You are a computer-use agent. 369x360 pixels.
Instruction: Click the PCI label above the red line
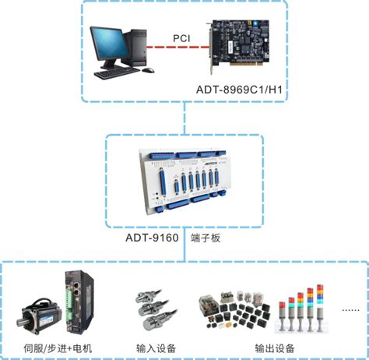coord(181,38)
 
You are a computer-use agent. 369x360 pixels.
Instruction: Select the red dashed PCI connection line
coord(177,48)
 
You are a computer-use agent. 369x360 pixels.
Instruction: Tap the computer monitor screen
coord(110,44)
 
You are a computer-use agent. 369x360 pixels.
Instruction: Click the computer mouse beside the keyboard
coord(148,70)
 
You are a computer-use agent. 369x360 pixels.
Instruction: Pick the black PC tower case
coord(135,48)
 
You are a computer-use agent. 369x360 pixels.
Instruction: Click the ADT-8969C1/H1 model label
coord(239,90)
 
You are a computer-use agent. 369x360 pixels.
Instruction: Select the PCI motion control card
coord(239,45)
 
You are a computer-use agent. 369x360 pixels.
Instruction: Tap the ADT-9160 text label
coord(152,238)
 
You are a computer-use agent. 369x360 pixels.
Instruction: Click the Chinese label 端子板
coord(206,238)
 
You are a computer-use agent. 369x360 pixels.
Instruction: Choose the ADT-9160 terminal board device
coord(184,182)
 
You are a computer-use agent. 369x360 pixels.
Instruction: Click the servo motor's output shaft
coord(23,323)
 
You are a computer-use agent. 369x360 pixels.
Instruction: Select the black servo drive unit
coord(79,302)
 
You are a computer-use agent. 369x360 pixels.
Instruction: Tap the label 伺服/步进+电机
coord(58,348)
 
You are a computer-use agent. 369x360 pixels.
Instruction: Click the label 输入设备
coord(156,348)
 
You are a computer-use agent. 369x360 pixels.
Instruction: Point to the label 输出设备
coord(275,348)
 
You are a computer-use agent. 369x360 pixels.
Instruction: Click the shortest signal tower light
coord(283,316)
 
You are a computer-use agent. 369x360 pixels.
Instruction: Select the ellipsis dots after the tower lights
coord(350,310)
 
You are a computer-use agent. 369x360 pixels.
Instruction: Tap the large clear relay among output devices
coord(209,305)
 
